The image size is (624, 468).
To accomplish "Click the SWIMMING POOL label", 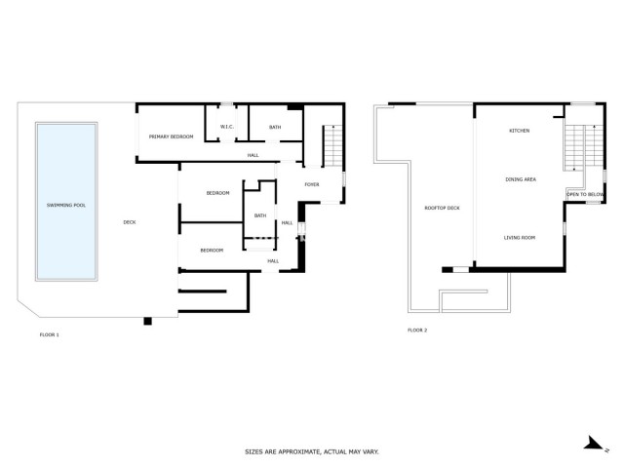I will pos(66,206).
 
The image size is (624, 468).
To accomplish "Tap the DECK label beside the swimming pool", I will pos(129,222).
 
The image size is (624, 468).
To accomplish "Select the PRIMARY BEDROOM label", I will pos(171,137).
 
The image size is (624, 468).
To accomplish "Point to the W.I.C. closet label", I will pos(225,127).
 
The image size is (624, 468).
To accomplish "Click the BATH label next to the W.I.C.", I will pos(275,127).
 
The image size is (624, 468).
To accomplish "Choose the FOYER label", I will pos(312,184).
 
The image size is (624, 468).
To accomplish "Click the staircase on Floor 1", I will pos(332,146).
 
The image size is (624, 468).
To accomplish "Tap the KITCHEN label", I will pos(520,131).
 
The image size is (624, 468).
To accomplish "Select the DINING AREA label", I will pos(521,179).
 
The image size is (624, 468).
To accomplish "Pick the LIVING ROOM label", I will pos(520,238).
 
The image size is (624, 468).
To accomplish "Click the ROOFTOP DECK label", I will pos(442,208).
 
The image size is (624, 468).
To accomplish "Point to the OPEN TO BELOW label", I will pos(585,195).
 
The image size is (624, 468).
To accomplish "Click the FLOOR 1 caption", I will pos(49,334).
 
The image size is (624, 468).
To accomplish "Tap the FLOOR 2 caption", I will pos(417,331).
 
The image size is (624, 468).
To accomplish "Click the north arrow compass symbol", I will pos(594,443).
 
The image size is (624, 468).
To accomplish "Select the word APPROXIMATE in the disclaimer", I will pos(294,452).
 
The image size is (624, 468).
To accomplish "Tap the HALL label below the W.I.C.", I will pos(253,155).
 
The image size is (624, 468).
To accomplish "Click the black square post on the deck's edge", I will pos(147,321).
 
